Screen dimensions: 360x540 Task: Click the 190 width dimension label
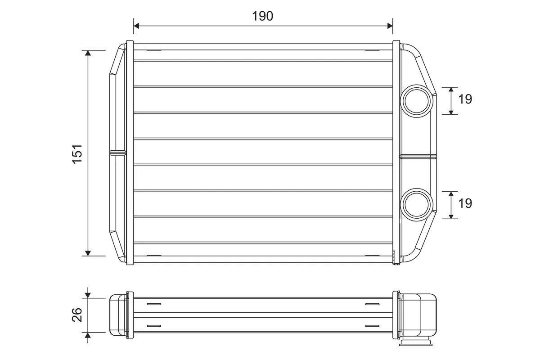263,16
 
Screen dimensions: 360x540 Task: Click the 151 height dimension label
77,153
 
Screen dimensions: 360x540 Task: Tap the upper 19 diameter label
465,99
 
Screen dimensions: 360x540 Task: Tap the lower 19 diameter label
465,203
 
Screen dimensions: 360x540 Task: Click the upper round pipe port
416,100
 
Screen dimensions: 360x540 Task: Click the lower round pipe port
416,204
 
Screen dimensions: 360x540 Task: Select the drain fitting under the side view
415,343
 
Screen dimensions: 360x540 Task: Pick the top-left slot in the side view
153,304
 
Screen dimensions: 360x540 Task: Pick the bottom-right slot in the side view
372,325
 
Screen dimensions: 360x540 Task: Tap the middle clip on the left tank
118,153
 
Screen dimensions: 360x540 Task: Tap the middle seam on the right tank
418,156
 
